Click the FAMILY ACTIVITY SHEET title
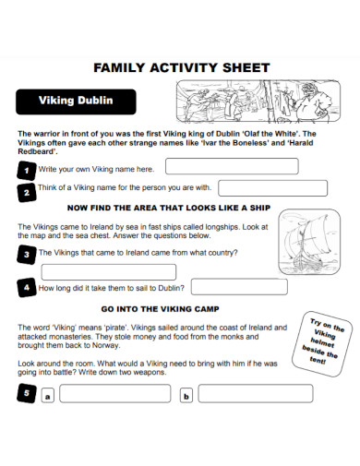click(182, 67)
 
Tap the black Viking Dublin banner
click(76, 101)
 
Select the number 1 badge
click(26, 170)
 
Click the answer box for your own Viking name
click(231, 166)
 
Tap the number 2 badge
click(26, 191)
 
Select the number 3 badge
click(26, 253)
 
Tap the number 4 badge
click(26, 288)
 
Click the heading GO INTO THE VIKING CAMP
click(160, 308)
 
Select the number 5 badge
click(26, 394)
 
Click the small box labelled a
click(48, 396)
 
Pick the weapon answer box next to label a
click(115, 394)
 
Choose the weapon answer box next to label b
click(255, 394)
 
